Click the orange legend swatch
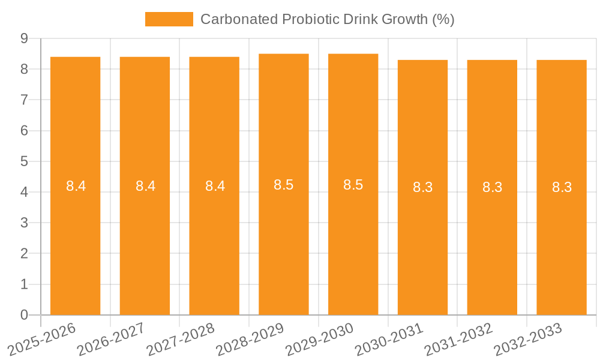[x=169, y=19]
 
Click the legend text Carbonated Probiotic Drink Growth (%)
[x=327, y=19]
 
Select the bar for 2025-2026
[x=76, y=186]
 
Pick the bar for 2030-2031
[x=423, y=187]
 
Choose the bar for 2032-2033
[x=562, y=187]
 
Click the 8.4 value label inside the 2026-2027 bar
[x=145, y=186]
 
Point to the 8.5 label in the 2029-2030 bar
[x=353, y=185]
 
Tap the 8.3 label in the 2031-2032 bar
[x=493, y=187]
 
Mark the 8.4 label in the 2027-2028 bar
[x=215, y=186]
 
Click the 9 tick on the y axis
[x=25, y=38]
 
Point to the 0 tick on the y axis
[x=25, y=315]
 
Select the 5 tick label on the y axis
[x=25, y=161]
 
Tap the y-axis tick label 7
[x=25, y=100]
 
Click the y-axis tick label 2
[x=25, y=254]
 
